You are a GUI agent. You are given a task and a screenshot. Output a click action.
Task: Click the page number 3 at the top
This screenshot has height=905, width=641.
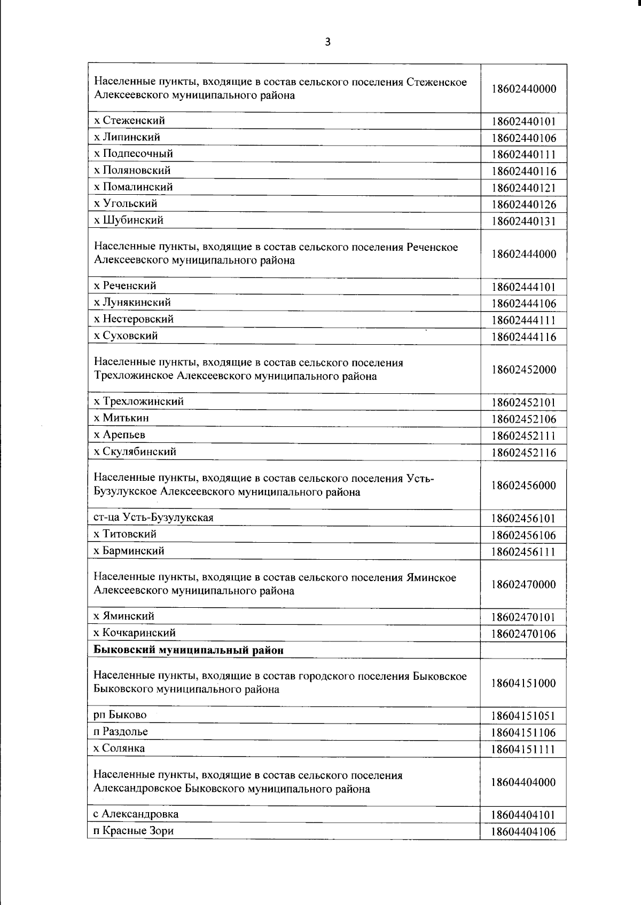pos(327,42)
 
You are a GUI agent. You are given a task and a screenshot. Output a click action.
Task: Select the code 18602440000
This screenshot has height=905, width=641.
pos(523,89)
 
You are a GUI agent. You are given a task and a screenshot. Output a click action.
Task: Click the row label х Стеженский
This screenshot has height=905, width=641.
pos(129,121)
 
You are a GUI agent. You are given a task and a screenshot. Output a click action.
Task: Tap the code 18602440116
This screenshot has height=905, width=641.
pos(523,171)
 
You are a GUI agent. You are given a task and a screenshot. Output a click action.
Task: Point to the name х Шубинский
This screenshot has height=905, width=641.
pos(129,220)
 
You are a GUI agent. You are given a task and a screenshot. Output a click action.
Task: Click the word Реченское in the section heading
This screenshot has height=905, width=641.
pos(432,247)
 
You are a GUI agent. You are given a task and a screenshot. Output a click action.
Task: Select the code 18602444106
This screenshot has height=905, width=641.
pos(523,304)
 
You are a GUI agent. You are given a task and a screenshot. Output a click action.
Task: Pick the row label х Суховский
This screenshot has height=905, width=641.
pos(126,336)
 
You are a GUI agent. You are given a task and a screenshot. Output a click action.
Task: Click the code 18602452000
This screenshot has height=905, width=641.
pos(523,370)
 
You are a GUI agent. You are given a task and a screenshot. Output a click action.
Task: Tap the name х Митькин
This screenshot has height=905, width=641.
pos(122,418)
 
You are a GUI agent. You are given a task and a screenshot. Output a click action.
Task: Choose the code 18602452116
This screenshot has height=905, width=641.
pos(523,452)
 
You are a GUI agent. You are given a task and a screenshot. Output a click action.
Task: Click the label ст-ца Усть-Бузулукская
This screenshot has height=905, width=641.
pos(153,518)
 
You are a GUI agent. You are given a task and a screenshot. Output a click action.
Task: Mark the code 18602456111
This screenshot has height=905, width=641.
pos(523,552)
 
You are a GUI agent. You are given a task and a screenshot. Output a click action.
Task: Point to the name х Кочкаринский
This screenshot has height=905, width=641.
pos(135,633)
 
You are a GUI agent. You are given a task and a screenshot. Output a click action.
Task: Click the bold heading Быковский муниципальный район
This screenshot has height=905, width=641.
pos(189,650)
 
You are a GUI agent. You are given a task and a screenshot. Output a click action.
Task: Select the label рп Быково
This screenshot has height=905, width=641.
pos(120,715)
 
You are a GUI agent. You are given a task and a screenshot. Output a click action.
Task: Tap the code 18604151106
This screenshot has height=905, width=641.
pos(523,733)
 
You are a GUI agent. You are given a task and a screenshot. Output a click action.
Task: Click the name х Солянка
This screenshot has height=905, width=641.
pos(119,748)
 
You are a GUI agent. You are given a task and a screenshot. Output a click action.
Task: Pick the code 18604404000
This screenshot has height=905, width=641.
pos(523,782)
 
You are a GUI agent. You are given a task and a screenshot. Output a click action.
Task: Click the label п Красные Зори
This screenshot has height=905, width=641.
pos(134,831)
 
